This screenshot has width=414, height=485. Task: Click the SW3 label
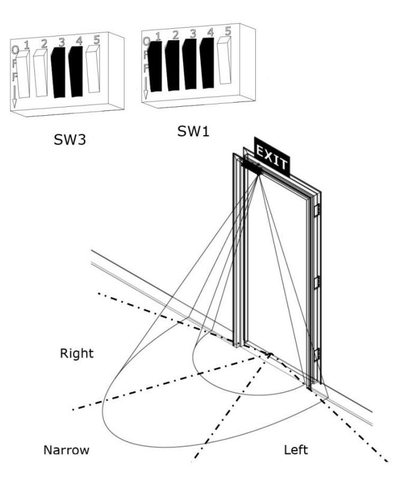[70, 139]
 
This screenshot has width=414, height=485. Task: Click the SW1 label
[193, 131]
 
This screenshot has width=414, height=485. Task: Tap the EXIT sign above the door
[272, 157]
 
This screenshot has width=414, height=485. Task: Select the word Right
[76, 354]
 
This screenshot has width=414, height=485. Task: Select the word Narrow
[66, 450]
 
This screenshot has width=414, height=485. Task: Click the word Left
[296, 450]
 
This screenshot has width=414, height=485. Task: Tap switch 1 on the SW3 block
[23, 74]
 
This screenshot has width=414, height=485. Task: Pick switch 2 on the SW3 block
[40, 73]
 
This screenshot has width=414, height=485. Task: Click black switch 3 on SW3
[58, 73]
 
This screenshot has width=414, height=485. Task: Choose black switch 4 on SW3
[76, 71]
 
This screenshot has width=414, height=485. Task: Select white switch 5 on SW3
[93, 68]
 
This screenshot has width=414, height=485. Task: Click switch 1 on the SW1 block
[155, 67]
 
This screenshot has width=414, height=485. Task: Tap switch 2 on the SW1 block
[172, 65]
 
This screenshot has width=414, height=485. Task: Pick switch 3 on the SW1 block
[189, 64]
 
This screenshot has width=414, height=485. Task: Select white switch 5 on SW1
[224, 60]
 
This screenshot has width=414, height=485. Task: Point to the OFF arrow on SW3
[14, 97]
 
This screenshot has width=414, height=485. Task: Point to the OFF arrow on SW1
[146, 88]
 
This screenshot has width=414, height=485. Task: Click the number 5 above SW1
[228, 31]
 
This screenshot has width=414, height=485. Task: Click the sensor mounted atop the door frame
[251, 166]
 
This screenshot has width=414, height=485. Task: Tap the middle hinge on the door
[317, 282]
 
